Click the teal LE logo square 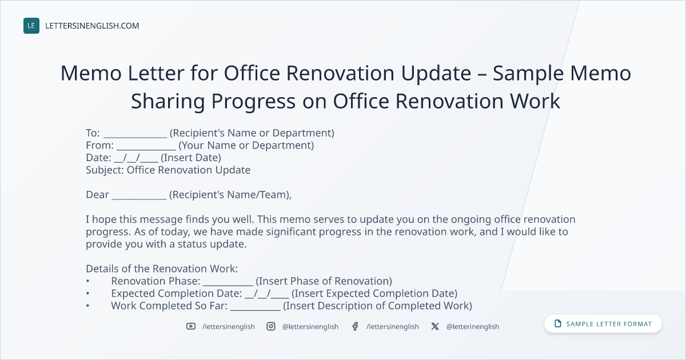click(31, 26)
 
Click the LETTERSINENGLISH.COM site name click(92, 26)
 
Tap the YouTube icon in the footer click(191, 326)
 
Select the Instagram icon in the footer click(271, 326)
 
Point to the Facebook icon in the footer click(355, 326)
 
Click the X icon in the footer click(435, 326)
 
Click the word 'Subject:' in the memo click(105, 170)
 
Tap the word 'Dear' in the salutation click(97, 195)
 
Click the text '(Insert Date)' click(191, 158)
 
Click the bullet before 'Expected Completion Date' click(88, 293)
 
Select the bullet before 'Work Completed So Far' click(88, 306)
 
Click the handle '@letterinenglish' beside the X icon click(473, 327)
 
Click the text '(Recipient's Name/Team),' click(230, 195)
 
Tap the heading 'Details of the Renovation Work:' click(162, 269)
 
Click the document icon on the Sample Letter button click(558, 323)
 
